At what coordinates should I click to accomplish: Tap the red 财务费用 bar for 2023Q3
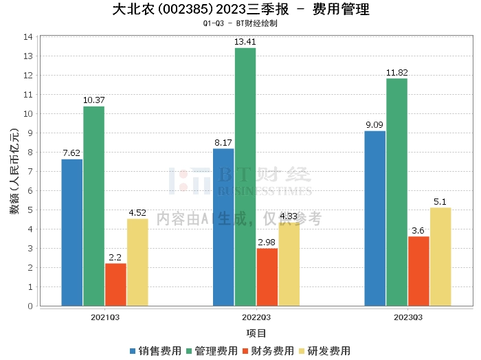418,271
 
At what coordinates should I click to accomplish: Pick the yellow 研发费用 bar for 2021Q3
137,262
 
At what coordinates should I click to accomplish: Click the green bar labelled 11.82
396,192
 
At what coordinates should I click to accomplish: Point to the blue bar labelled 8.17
223,227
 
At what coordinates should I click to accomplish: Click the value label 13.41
245,41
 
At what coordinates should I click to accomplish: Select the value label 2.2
115,257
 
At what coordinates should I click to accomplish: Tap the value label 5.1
440,201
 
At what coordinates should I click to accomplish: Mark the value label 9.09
374,124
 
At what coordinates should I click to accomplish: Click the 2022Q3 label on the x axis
256,317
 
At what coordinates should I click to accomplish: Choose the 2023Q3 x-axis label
407,317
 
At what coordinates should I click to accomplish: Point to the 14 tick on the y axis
30,36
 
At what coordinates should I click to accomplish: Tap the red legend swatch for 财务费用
245,351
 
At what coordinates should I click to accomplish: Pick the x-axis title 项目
256,333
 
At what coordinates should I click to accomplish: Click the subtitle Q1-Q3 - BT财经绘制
240,23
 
